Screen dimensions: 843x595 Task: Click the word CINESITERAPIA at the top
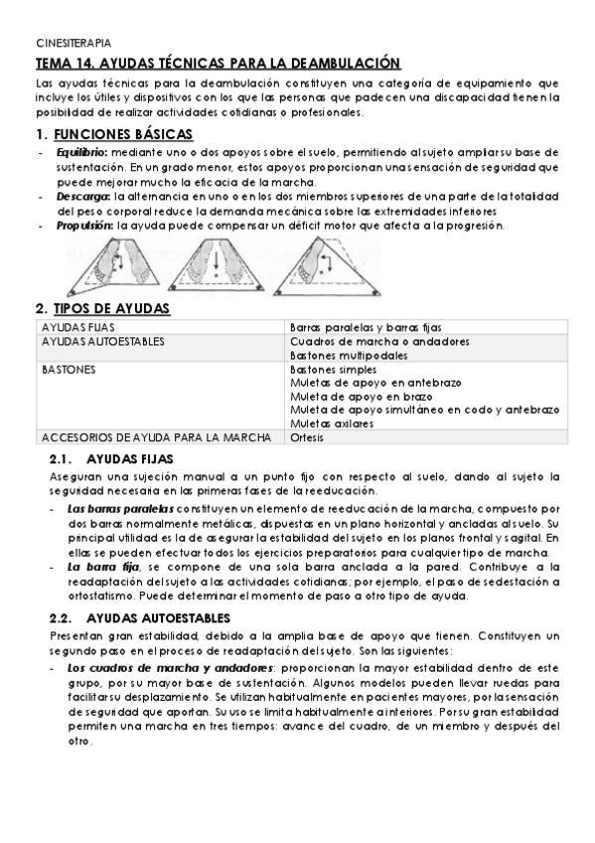74,44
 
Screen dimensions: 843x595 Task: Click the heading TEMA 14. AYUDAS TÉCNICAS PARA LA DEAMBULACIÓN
218,63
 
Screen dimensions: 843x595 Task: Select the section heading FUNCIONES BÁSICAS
123,134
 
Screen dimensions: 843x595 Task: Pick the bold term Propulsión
85,226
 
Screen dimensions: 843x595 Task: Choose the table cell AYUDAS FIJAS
70,327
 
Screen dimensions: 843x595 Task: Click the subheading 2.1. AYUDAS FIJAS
111,458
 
